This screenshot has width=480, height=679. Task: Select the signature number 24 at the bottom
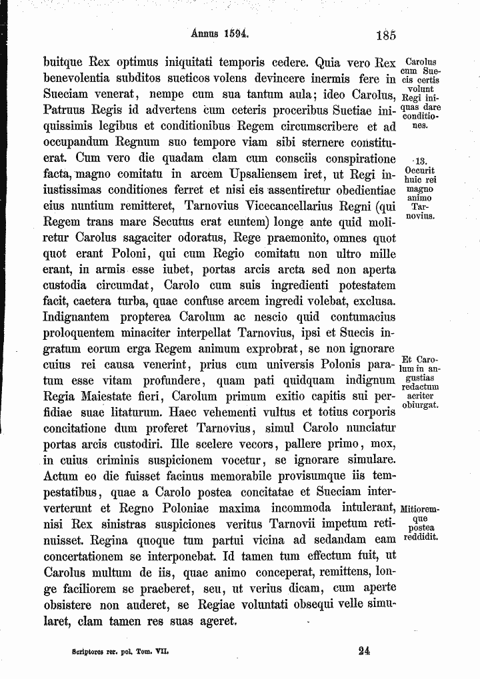tap(363, 652)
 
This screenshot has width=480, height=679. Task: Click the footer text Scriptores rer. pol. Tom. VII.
tap(117, 652)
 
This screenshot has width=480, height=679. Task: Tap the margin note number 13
tap(421, 161)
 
